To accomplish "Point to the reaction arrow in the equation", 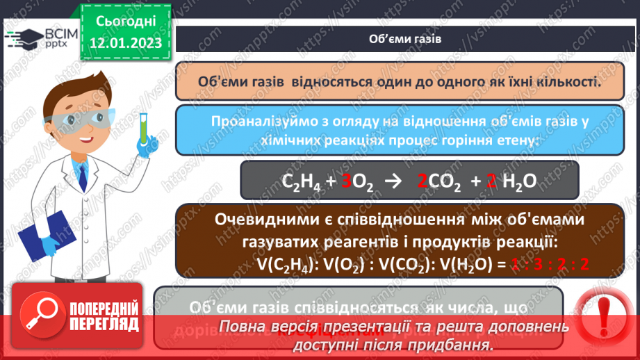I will click(393, 182).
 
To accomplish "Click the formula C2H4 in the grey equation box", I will click(303, 183).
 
